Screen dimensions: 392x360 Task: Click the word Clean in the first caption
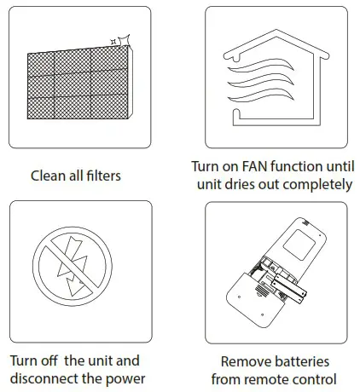tap(49, 176)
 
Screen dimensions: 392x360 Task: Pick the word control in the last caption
tap(314, 378)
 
